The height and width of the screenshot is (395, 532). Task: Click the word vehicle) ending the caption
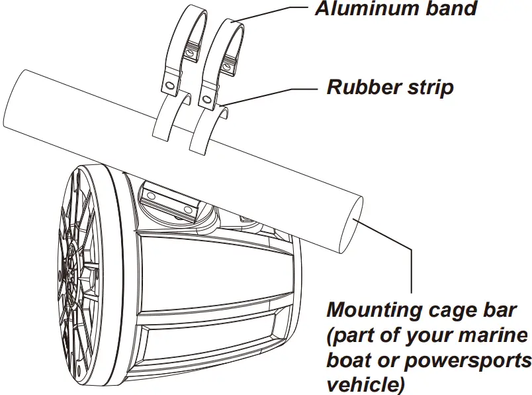(361, 384)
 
